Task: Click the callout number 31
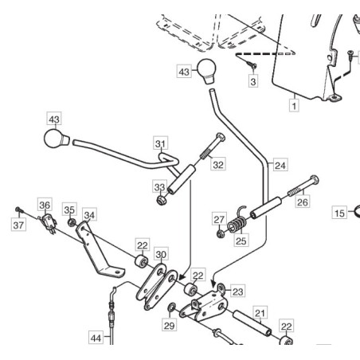click(x=161, y=143)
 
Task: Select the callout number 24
click(x=280, y=166)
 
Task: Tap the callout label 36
click(x=45, y=205)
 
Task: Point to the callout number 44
click(x=96, y=338)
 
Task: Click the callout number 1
click(x=294, y=106)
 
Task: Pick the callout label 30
click(x=161, y=254)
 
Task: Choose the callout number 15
click(x=339, y=213)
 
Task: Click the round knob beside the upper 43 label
click(x=206, y=71)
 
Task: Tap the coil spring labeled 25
click(x=237, y=222)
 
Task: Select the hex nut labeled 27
click(x=220, y=234)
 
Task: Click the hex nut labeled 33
click(x=160, y=200)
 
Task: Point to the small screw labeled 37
click(x=19, y=210)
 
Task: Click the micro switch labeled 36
click(x=49, y=222)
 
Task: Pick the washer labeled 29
click(x=171, y=308)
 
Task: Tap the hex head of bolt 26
click(x=315, y=180)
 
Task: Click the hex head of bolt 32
click(x=221, y=137)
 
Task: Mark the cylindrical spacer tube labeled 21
click(x=252, y=323)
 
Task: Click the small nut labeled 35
click(x=71, y=222)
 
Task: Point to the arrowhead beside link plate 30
click(x=182, y=277)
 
